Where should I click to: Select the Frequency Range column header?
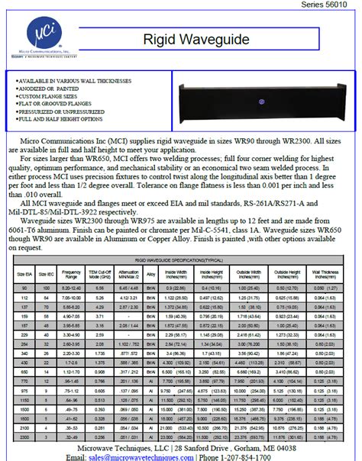(x=72, y=273)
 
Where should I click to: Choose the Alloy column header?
(x=151, y=273)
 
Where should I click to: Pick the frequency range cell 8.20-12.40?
(x=72, y=287)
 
